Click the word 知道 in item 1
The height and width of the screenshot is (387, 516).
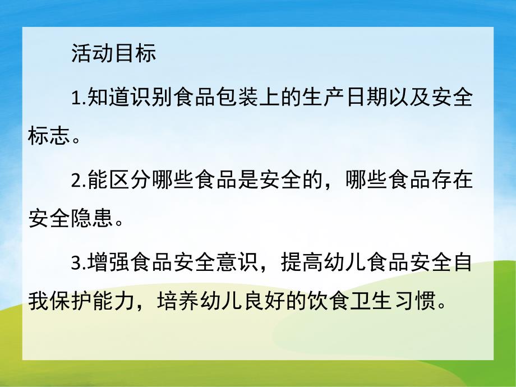[107, 99]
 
